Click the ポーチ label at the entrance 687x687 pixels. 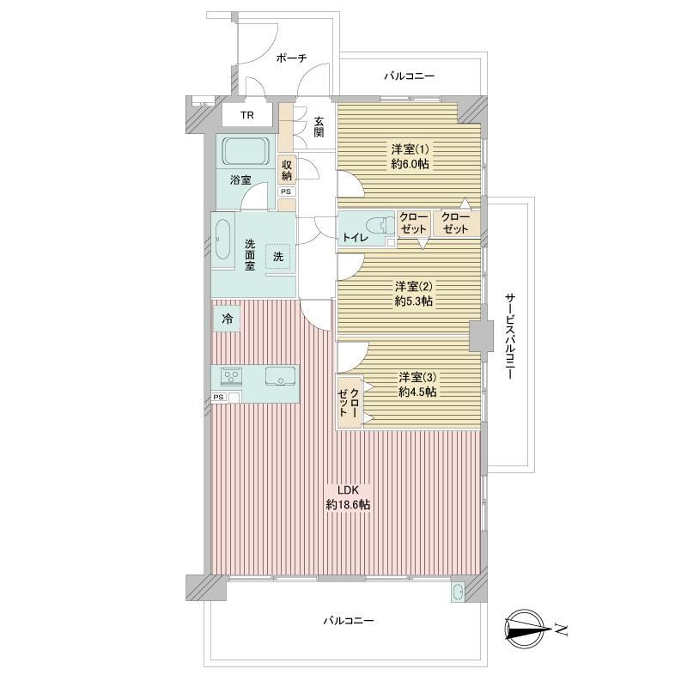(x=291, y=58)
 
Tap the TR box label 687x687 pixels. (x=247, y=115)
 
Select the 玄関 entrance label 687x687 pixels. (x=319, y=126)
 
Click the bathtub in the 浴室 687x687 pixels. (x=246, y=151)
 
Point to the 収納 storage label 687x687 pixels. (x=287, y=170)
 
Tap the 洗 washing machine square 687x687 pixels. (x=277, y=256)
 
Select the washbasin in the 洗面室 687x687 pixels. (x=223, y=240)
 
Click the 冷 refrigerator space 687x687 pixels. (x=227, y=319)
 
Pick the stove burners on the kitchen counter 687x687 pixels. (x=232, y=376)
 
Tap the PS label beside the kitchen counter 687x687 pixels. (x=218, y=397)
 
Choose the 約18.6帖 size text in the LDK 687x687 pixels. (x=349, y=505)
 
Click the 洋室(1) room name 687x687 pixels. (x=410, y=149)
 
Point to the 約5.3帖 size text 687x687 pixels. (x=414, y=301)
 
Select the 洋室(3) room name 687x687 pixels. (x=417, y=377)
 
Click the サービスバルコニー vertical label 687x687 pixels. (x=510, y=337)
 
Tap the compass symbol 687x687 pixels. (x=528, y=629)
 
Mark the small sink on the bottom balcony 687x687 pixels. (x=459, y=593)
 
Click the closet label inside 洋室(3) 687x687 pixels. (x=349, y=402)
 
